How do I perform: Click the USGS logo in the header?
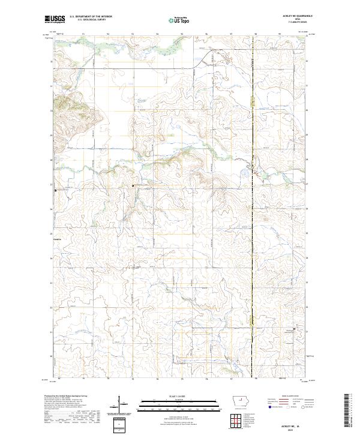[x=55, y=20]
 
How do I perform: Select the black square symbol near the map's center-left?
[x=133, y=186]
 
